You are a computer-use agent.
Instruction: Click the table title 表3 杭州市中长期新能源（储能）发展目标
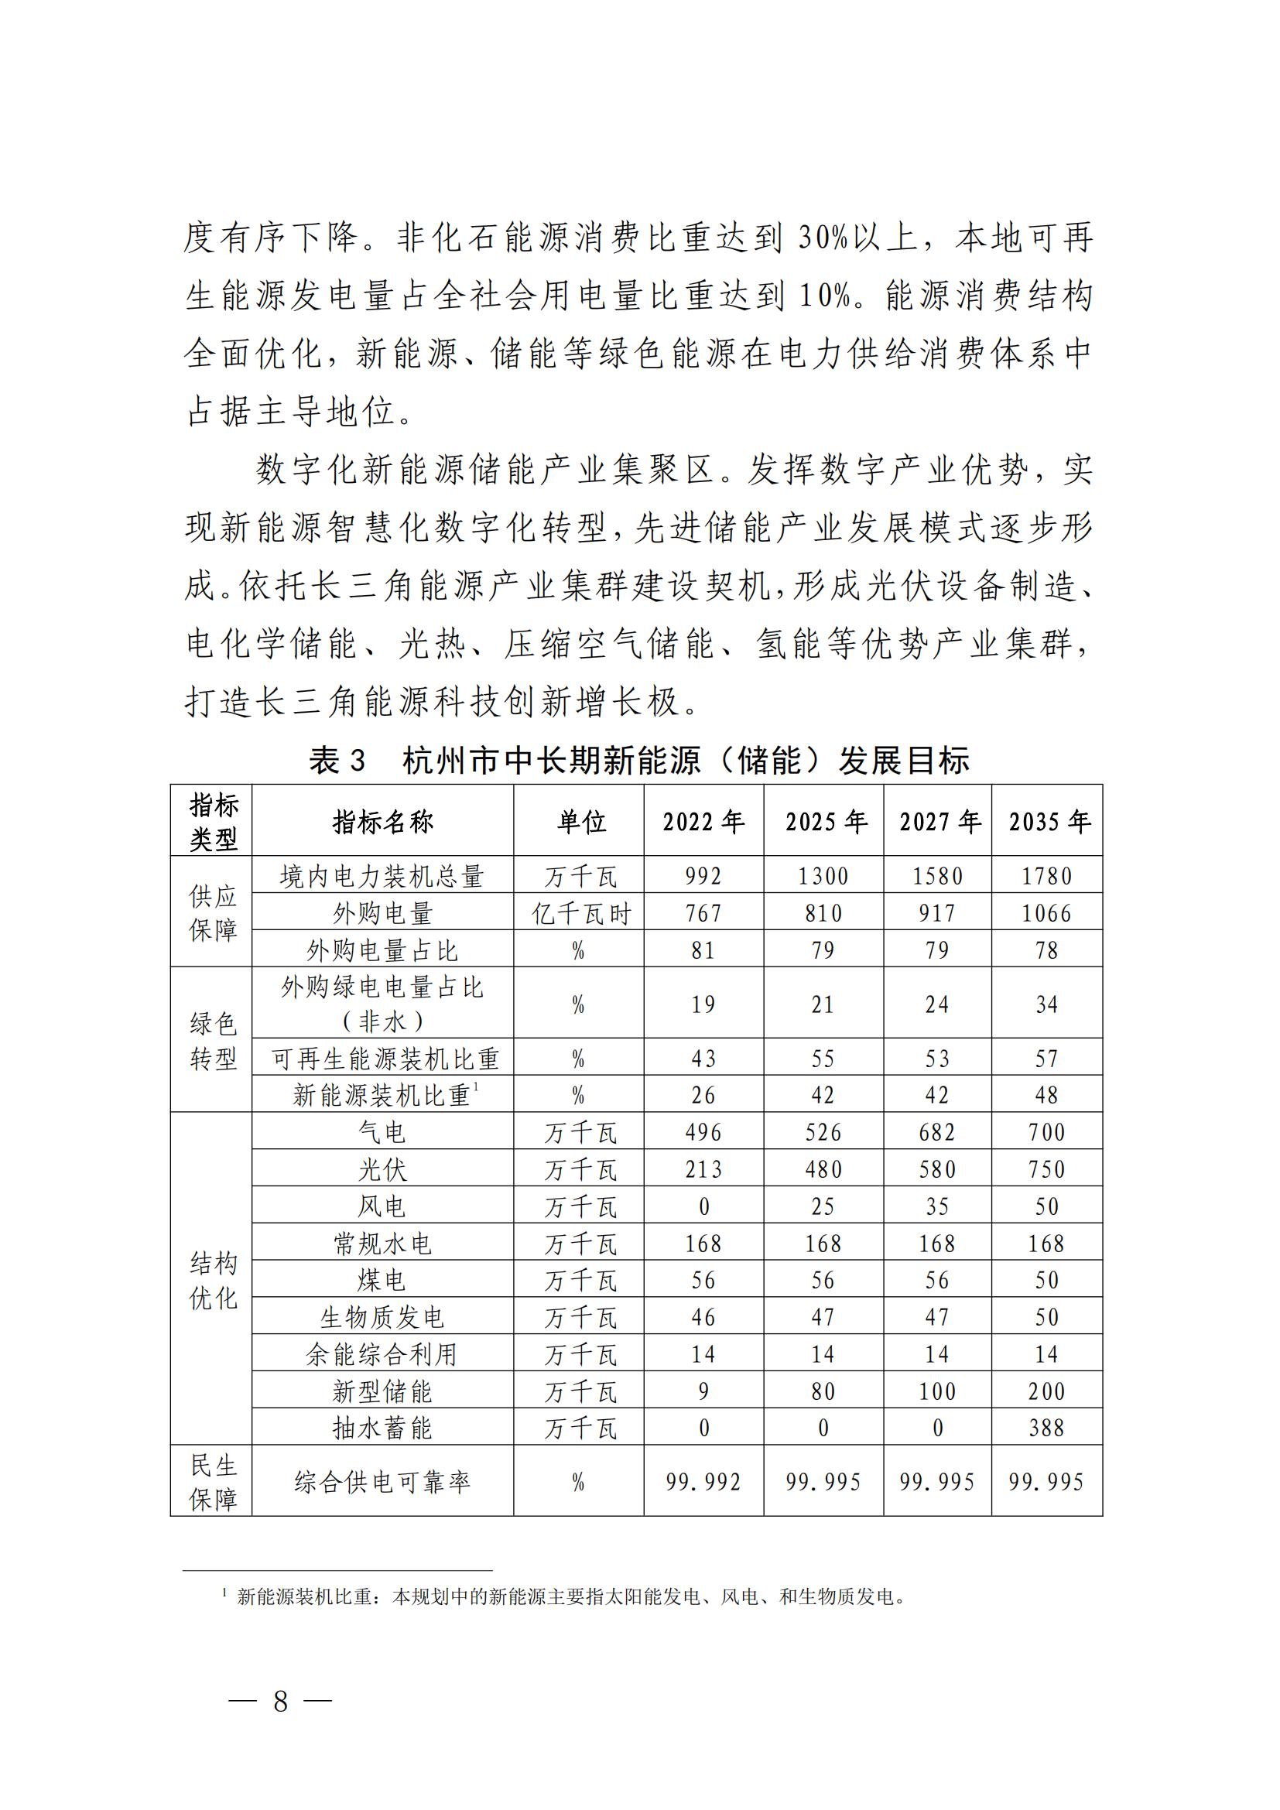click(638, 761)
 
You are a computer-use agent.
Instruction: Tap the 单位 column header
click(581, 823)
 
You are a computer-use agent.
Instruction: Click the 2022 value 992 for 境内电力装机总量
click(703, 876)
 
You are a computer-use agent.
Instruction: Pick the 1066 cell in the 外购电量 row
click(1047, 913)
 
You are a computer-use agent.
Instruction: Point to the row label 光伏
click(382, 1169)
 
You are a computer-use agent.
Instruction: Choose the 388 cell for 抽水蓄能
click(1047, 1428)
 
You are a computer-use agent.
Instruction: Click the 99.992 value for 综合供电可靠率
click(703, 1482)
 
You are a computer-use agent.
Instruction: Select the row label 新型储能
click(382, 1391)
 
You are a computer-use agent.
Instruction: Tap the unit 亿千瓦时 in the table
click(581, 913)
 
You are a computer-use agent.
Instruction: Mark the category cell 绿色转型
click(213, 1041)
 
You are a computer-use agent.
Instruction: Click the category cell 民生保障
click(213, 1482)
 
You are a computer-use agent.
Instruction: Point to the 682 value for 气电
click(936, 1132)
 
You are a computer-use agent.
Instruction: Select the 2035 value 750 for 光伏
click(1047, 1169)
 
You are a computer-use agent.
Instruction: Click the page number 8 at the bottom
click(281, 1700)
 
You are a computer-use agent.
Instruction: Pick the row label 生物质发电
click(382, 1316)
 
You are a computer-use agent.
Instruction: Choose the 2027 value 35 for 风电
click(936, 1206)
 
